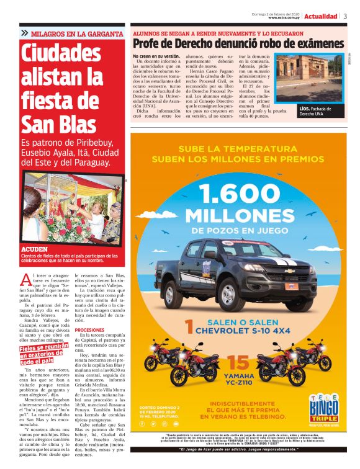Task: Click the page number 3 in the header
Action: click(x=345, y=16)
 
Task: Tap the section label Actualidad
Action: click(x=321, y=16)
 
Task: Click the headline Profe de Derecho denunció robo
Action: click(x=238, y=44)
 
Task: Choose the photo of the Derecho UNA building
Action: click(x=308, y=78)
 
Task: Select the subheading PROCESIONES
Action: click(x=89, y=330)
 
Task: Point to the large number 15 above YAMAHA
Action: click(x=238, y=363)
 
